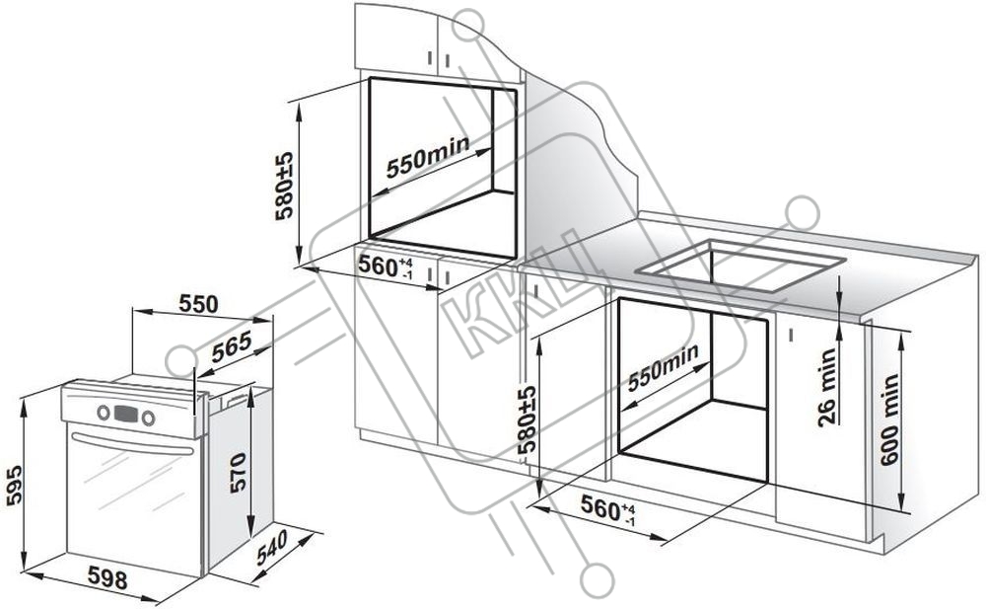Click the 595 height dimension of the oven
pyautogui.click(x=15, y=485)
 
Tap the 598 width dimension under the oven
pyautogui.click(x=107, y=578)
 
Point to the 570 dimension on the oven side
pyautogui.click(x=238, y=473)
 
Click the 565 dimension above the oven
pyautogui.click(x=232, y=346)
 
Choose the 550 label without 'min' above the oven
pyautogui.click(x=198, y=304)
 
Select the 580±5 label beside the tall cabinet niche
pyautogui.click(x=285, y=186)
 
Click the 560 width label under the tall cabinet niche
pyautogui.click(x=385, y=266)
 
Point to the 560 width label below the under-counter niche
pyautogui.click(x=607, y=507)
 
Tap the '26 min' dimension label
pyautogui.click(x=827, y=387)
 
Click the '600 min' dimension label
pyautogui.click(x=889, y=419)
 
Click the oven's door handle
pyautogui.click(x=132, y=443)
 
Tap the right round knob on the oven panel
pyautogui.click(x=149, y=418)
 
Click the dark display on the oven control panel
pyautogui.click(x=126, y=414)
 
